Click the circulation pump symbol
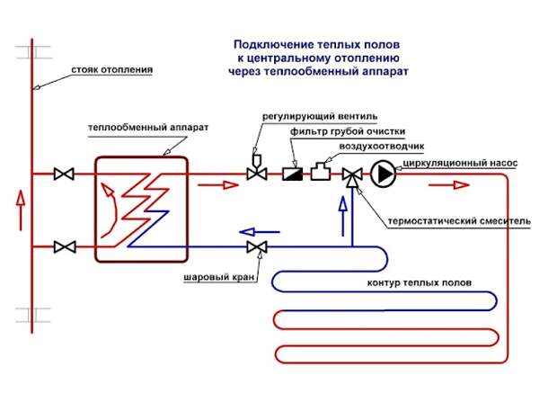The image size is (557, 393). coord(384,174)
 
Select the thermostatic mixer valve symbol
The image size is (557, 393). coord(354,174)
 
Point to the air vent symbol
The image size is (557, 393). coord(321,172)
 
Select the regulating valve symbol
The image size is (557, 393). coord(258,174)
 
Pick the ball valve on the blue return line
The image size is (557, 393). coord(258,246)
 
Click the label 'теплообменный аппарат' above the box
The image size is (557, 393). coord(148,128)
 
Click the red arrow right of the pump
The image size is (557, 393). coord(447,184)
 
